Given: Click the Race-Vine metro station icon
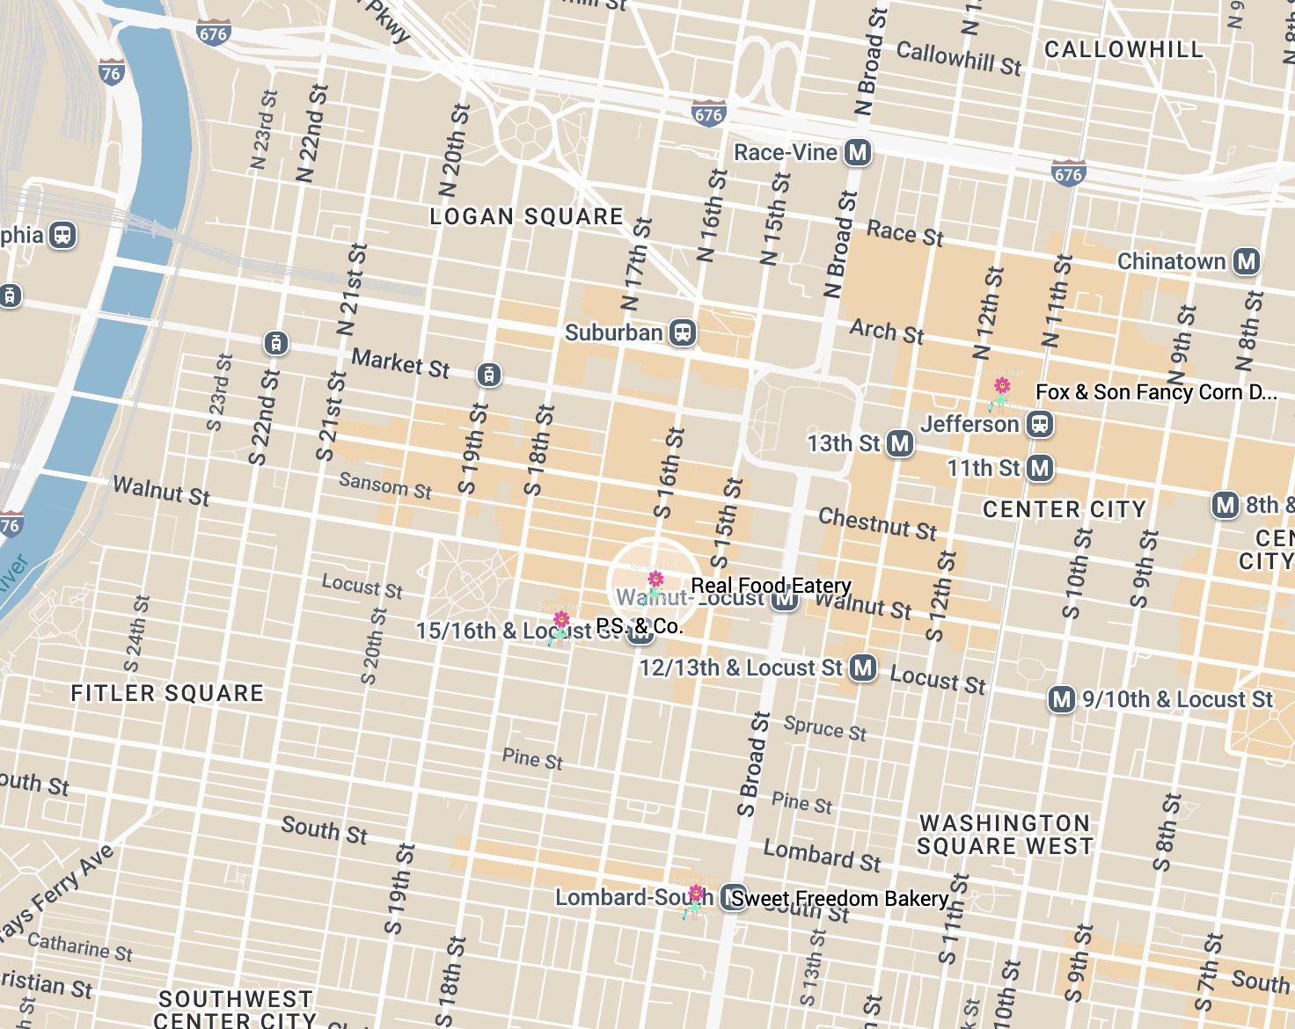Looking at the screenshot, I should [x=858, y=153].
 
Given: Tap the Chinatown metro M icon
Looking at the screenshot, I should [x=1247, y=261].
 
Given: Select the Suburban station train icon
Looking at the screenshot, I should [x=683, y=332].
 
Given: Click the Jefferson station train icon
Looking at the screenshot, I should [x=1040, y=425].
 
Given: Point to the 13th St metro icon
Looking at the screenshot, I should [x=899, y=443].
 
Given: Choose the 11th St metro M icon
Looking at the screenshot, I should [x=1040, y=468].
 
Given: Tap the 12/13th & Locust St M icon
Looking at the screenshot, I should [x=863, y=668].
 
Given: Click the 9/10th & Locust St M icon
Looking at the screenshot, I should [x=1062, y=699].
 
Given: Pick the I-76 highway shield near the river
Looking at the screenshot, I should [x=112, y=73].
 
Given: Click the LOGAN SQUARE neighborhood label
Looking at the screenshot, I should [x=526, y=216].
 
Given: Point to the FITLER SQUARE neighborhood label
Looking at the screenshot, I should [x=167, y=693].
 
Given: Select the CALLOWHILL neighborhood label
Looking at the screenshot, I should [x=1123, y=49].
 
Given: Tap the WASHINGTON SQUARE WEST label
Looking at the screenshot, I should [x=1005, y=835].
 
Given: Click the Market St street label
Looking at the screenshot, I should [x=400, y=362].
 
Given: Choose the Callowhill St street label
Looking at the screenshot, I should [x=959, y=59].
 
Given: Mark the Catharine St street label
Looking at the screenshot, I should [x=80, y=947].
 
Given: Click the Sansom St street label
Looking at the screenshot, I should [x=385, y=485].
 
